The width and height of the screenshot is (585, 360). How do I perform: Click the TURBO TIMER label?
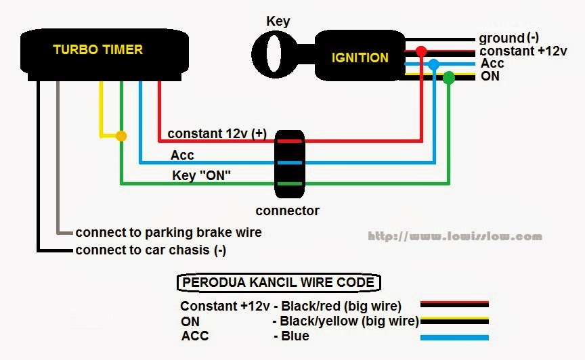(98, 49)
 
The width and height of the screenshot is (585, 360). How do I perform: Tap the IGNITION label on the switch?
(360, 58)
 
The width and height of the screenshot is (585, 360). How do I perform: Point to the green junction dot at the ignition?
(449, 77)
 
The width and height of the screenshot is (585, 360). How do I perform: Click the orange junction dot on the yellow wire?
(121, 137)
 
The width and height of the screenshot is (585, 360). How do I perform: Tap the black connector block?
(289, 162)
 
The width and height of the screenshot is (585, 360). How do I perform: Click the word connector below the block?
(288, 210)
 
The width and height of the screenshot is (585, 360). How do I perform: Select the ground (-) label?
(511, 39)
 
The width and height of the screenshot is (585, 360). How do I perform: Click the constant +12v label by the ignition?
(523, 51)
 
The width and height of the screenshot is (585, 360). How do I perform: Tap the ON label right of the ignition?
(490, 76)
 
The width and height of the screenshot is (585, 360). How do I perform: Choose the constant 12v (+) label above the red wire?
(217, 133)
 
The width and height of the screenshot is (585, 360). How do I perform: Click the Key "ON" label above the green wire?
(202, 176)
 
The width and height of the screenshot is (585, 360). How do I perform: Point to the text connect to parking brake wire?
(169, 233)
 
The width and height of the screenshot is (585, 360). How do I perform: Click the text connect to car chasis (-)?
(151, 250)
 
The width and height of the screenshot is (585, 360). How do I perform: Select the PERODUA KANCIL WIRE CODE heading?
(278, 282)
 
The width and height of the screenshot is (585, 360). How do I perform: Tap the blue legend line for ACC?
(454, 336)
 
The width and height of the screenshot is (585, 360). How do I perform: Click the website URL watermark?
(455, 237)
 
